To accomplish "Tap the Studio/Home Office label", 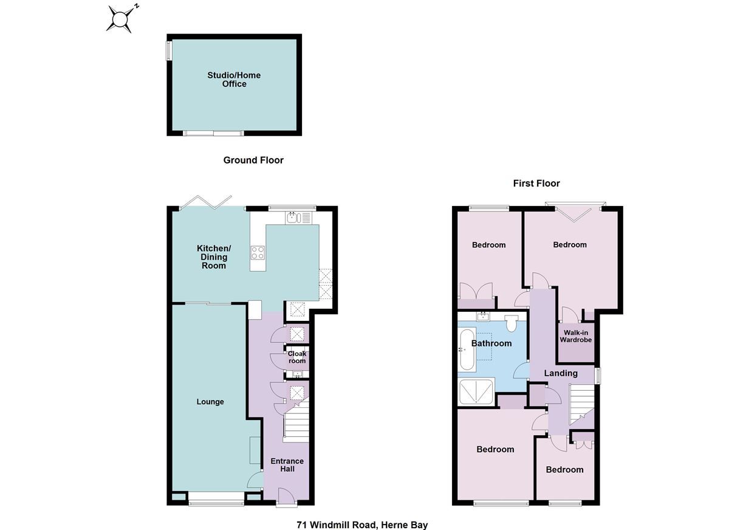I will click(234, 80).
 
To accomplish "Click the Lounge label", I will click(210, 402).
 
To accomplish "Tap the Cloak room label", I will click(296, 357).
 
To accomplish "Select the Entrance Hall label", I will click(287, 465).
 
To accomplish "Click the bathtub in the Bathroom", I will click(466, 350).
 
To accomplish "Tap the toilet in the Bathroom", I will click(510, 323).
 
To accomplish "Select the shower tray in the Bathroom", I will click(477, 392).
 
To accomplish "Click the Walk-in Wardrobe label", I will click(575, 336).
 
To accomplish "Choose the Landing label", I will click(560, 373).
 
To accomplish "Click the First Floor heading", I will click(536, 184).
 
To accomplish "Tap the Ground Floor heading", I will click(253, 160).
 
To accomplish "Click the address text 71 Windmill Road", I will click(362, 525).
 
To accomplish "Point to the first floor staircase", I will click(581, 406).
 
